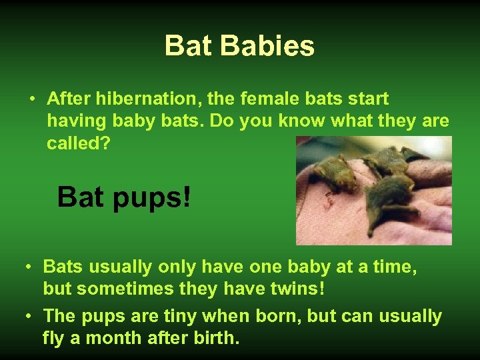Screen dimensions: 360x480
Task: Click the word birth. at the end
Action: (x=215, y=337)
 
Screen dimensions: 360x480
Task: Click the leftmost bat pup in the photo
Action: (x=337, y=175)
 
